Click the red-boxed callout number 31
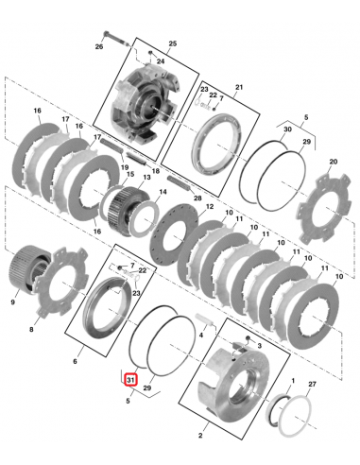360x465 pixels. [130, 380]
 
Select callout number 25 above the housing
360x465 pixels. [173, 43]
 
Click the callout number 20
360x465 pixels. [333, 162]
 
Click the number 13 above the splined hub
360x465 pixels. [147, 178]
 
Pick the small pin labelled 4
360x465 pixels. [204, 319]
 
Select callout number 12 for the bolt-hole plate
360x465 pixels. [210, 207]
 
